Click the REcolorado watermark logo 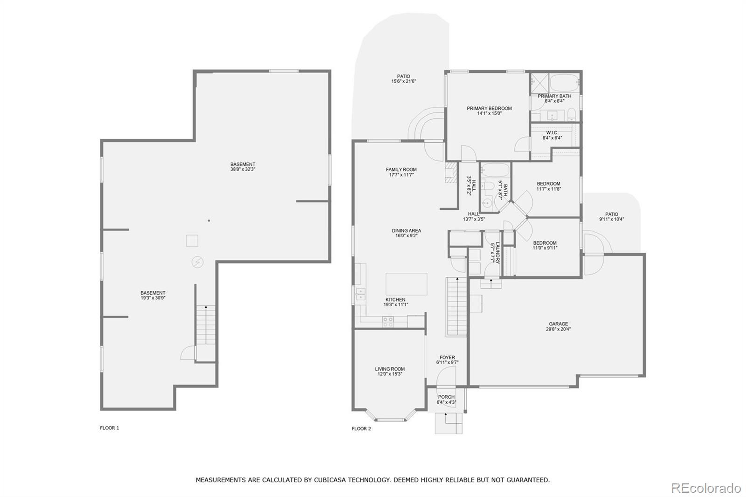(706, 488)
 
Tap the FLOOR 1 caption (110, 428)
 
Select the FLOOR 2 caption (361, 429)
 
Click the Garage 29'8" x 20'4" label (558, 326)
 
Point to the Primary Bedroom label (489, 110)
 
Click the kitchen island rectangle (406, 284)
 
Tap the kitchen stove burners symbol (388, 322)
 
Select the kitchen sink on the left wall (360, 295)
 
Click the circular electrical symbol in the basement (197, 262)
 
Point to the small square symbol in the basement (192, 241)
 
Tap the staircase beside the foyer (457, 306)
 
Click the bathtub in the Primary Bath (564, 83)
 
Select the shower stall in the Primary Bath (540, 83)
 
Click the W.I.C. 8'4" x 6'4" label (552, 135)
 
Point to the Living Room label (390, 372)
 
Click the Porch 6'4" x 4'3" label (446, 400)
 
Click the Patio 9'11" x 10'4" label (611, 217)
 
